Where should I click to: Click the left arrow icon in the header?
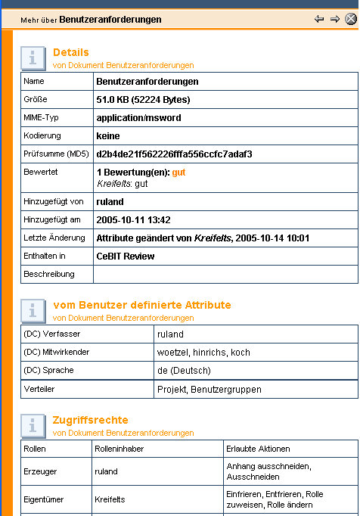pos(319,20)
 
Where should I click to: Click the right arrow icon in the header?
pos(334,20)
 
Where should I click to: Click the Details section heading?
pos(70,52)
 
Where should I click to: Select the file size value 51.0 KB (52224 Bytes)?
pos(143,99)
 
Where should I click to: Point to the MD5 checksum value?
pos(174,154)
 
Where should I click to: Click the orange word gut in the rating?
pos(178,173)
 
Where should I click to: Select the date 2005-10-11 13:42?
pos(133,219)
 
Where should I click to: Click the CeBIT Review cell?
pos(125,256)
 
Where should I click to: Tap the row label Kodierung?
pos(41,135)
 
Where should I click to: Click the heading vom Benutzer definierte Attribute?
pos(142,305)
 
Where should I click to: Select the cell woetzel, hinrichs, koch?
pos(203,352)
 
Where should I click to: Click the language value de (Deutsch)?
pos(184,370)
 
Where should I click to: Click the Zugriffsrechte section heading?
pos(90,420)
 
